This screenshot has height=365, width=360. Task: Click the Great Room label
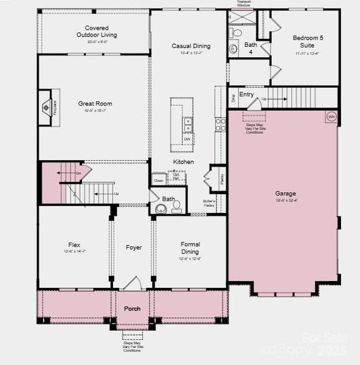click(95, 104)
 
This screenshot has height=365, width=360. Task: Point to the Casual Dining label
click(191, 46)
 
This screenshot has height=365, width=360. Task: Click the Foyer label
click(134, 248)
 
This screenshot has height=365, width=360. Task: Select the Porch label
click(133, 308)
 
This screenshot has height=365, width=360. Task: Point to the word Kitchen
click(183, 162)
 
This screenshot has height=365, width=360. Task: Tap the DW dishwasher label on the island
click(187, 139)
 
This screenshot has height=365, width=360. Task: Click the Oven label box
click(159, 181)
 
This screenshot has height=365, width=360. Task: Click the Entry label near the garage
click(246, 95)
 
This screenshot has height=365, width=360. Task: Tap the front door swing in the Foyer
click(134, 283)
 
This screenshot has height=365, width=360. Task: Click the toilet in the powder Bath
click(176, 206)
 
